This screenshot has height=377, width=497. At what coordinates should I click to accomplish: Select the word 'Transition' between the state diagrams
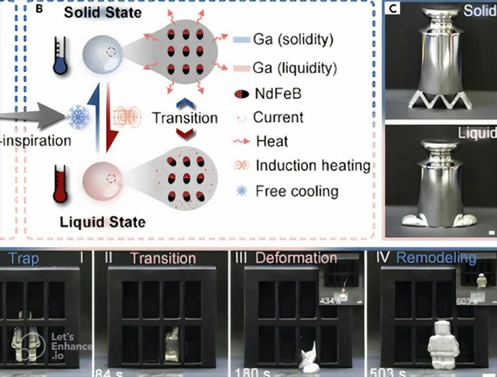[x=184, y=119]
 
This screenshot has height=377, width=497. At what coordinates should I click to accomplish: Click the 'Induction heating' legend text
[x=313, y=165]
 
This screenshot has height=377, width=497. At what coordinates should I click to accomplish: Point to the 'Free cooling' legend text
[x=296, y=190]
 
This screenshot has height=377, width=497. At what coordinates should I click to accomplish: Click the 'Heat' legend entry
[x=272, y=141]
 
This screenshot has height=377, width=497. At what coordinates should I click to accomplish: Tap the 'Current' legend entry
[x=278, y=118]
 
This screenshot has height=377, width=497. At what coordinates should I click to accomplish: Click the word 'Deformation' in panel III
[x=296, y=258]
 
